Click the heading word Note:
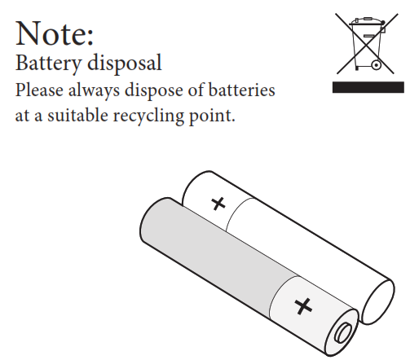click(x=55, y=33)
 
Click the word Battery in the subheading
click(x=48, y=64)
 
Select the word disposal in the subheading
click(x=125, y=64)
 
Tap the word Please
click(x=39, y=90)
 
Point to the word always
click(x=94, y=90)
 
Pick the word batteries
click(x=242, y=90)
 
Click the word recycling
click(x=148, y=116)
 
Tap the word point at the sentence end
click(x=212, y=116)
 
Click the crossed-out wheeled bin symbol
click(x=367, y=43)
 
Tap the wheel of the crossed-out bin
click(x=377, y=65)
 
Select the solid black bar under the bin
click(x=368, y=87)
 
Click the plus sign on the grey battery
click(x=303, y=306)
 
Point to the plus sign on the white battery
click(x=218, y=204)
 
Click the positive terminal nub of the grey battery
click(x=343, y=332)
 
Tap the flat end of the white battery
click(x=377, y=302)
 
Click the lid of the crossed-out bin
click(x=367, y=21)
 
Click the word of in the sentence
click(x=196, y=90)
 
